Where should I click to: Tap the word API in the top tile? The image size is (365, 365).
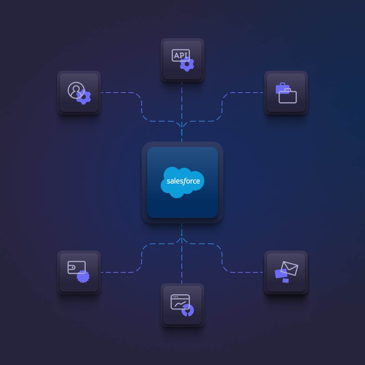(180, 55)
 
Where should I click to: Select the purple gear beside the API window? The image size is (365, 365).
(187, 64)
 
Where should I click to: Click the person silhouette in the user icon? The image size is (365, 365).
(76, 90)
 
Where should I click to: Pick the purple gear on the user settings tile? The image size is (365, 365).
(84, 97)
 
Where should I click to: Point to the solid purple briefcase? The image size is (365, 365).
(282, 88)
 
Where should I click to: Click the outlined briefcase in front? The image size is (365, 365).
(288, 96)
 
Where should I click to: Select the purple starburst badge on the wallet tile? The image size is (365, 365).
(83, 276)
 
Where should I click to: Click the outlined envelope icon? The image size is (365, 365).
(289, 268)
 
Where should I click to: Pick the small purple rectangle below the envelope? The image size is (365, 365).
(286, 281)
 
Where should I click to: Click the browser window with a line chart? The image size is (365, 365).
(180, 301)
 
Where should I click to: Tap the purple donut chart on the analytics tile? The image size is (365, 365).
(187, 310)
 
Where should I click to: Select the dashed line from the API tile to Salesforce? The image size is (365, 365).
(182, 102)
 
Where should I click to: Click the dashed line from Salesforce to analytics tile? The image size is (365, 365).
(182, 266)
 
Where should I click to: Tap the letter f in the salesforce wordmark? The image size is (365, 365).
(184, 181)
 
